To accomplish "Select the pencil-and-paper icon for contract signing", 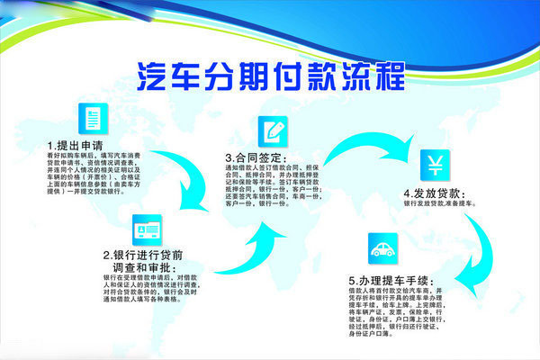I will click(273, 131).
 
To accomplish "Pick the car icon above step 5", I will click(382, 247).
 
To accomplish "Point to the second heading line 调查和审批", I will click(146, 267).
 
